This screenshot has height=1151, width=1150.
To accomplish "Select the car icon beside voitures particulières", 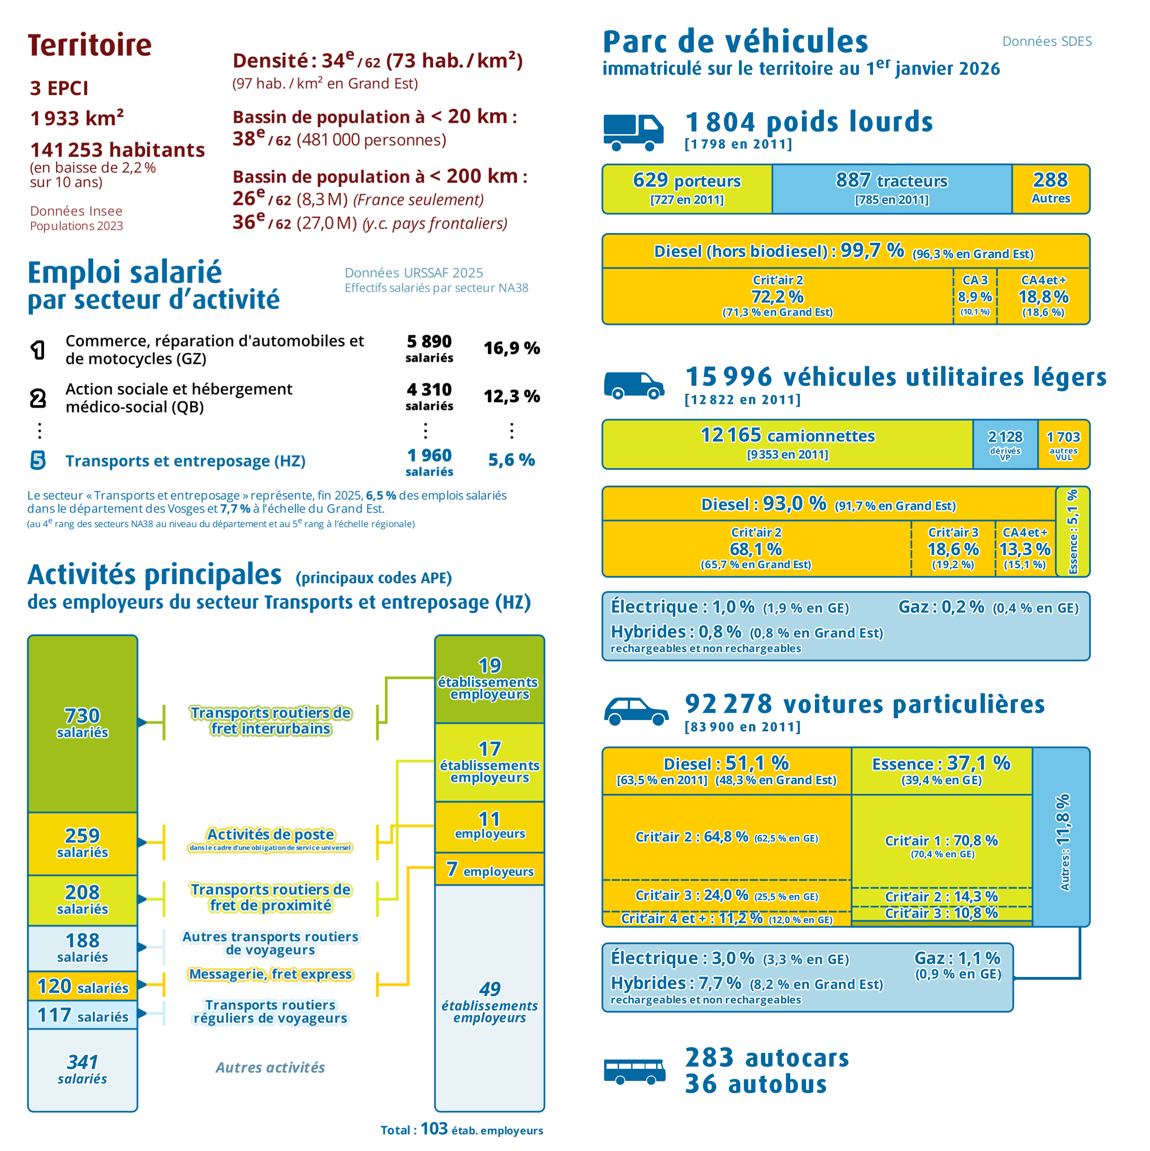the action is pos(636,711).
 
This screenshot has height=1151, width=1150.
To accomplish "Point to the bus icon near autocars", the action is pos(634,1071).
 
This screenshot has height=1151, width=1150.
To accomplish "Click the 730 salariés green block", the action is pos(83,723).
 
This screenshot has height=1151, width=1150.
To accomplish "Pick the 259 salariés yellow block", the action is pos(83,844).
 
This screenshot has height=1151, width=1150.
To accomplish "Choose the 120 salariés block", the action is pos(83,987).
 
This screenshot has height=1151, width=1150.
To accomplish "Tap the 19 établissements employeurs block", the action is pos(490,679).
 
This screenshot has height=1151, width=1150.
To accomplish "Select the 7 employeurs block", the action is pos(490,869).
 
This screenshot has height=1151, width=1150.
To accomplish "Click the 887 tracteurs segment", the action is pos(892,189).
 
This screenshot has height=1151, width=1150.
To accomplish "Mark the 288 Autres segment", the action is pos(1051,189).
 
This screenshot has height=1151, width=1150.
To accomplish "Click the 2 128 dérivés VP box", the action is pos(1005,444).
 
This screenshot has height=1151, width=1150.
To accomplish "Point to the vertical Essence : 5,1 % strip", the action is pos(1072,532).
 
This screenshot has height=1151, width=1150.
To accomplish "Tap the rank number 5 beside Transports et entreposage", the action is pos(38,460).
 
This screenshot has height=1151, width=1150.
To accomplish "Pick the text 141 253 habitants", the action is pos(118,150).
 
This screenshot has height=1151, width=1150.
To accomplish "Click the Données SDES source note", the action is pos(1047,41).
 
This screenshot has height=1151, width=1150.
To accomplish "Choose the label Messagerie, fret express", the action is pos(271,974).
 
